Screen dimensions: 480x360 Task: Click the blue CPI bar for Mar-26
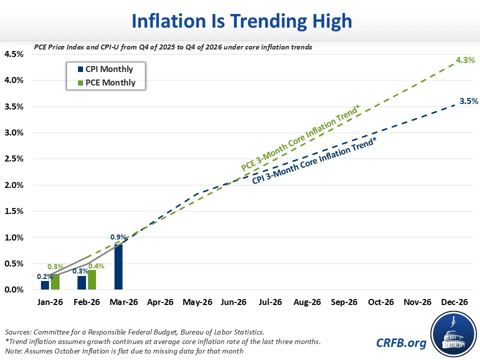point(118,267)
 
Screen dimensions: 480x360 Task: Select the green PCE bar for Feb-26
point(92,280)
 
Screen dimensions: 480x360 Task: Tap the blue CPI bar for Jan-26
point(45,285)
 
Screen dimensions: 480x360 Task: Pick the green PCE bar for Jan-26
point(55,282)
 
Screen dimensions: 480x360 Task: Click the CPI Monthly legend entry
point(105,69)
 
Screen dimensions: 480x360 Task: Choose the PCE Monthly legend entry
point(106,82)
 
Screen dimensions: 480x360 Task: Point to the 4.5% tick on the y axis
point(14,54)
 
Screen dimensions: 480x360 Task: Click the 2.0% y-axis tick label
point(14,185)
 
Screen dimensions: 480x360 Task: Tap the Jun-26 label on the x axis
point(233,302)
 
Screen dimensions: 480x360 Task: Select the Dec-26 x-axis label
point(454,302)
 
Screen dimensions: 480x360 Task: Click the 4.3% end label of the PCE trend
point(465,60)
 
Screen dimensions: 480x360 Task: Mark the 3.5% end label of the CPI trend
point(468,101)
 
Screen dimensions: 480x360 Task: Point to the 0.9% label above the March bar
point(118,237)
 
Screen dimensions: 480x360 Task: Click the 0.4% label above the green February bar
point(96,266)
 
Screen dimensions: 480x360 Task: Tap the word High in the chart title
point(332,21)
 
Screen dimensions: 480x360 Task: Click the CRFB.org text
point(401,343)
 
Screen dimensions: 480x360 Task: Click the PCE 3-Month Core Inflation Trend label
point(300,138)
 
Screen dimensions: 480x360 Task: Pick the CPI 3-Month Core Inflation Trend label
point(314,161)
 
